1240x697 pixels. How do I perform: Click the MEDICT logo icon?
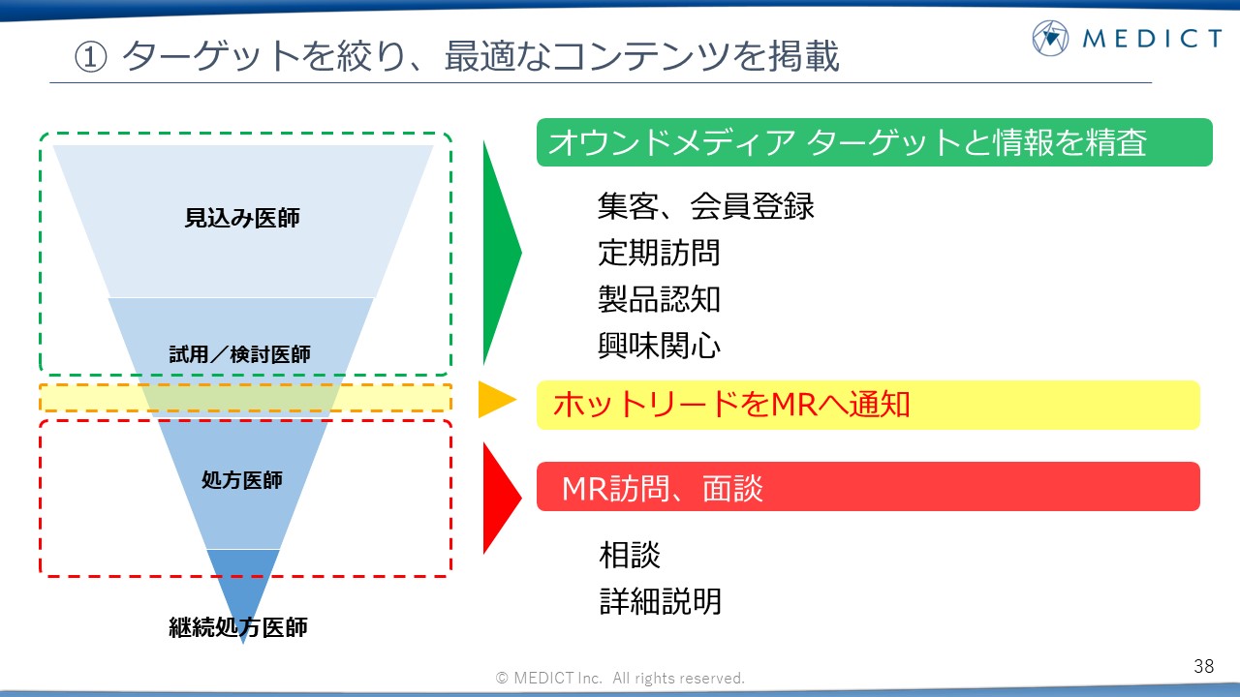coord(1050,38)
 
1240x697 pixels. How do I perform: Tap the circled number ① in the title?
coord(90,57)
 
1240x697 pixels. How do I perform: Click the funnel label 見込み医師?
coord(242,218)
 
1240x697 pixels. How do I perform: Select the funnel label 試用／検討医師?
coord(239,354)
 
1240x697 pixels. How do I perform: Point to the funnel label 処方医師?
coord(242,480)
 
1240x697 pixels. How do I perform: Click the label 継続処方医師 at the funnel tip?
coord(238,627)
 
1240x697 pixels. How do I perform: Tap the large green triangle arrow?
coord(502,253)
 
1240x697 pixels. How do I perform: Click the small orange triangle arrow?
coord(497,400)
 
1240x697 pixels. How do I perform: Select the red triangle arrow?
coord(502,498)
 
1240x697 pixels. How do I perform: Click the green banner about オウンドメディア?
coord(875,142)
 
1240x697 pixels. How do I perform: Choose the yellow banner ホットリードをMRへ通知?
coord(868,405)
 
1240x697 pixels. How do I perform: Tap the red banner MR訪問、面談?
coord(868,487)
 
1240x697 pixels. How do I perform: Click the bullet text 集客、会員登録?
coord(706,206)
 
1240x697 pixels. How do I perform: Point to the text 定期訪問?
coord(659,253)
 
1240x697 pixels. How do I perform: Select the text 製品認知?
coord(659,299)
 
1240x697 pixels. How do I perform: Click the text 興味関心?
coord(660,346)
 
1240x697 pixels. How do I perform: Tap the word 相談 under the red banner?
coord(630,555)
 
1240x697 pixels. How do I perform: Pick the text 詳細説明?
coord(661,601)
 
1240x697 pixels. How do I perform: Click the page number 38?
coord(1204,666)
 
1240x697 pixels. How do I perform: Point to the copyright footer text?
coord(620,679)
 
